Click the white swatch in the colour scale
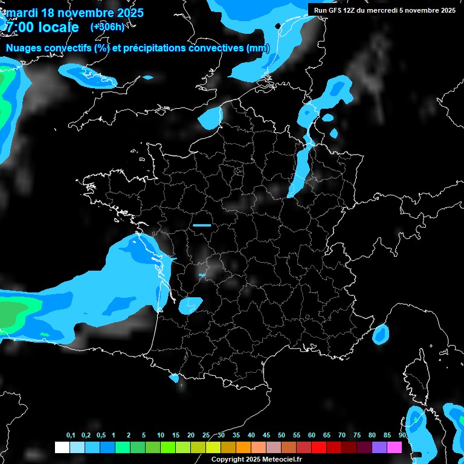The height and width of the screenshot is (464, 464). click(x=62, y=448)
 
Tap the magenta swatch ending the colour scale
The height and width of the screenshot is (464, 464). click(x=394, y=448)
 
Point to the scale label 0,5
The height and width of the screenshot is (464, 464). click(x=101, y=436)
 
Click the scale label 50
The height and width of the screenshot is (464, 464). click(x=282, y=436)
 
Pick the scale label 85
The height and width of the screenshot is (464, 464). click(x=387, y=436)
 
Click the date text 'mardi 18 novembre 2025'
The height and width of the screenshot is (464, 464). click(x=74, y=13)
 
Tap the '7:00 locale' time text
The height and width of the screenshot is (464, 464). click(x=41, y=27)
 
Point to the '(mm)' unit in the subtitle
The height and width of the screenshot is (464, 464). click(x=258, y=48)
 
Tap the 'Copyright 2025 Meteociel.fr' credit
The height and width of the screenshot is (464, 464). click(x=256, y=459)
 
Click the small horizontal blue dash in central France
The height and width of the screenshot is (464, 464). click(x=202, y=225)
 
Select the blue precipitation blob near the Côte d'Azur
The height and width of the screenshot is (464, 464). click(x=381, y=333)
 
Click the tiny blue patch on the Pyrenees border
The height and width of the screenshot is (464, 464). click(x=175, y=378)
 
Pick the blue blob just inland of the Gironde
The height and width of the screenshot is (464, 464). click(x=190, y=305)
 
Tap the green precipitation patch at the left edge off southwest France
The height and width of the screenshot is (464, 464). click(x=13, y=314)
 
